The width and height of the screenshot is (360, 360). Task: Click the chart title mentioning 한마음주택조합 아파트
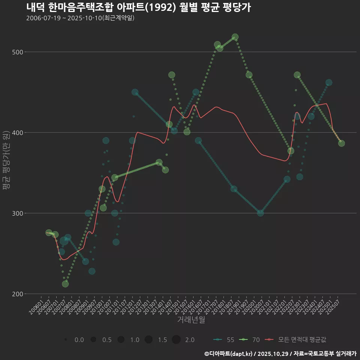click(x=138, y=7)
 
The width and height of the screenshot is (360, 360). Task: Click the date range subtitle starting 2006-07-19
click(x=80, y=18)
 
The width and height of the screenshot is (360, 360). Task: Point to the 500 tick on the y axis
click(x=16, y=52)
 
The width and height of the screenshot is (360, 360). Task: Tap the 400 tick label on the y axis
click(x=16, y=133)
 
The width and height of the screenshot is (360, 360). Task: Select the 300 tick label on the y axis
click(x=16, y=213)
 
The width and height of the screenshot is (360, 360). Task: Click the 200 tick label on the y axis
click(x=16, y=294)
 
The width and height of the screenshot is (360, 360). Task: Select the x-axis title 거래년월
click(x=191, y=320)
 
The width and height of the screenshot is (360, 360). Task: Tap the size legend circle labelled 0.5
click(x=93, y=340)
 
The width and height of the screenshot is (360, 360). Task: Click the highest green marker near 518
click(x=235, y=37)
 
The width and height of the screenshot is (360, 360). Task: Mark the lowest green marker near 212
click(x=65, y=284)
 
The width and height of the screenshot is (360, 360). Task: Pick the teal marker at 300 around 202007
click(x=260, y=213)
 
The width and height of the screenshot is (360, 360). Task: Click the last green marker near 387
click(x=341, y=143)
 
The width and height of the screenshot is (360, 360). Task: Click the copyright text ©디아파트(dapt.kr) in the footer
click(x=229, y=354)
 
